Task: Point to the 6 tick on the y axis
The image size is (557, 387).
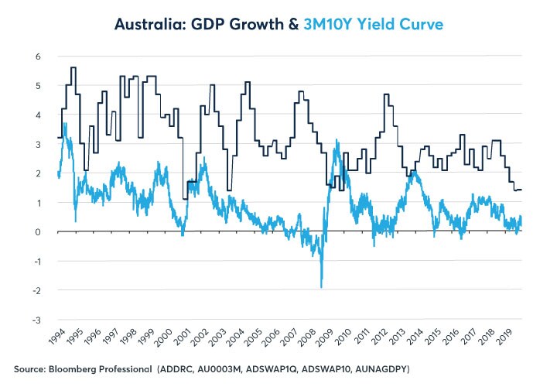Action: pyautogui.click(x=37, y=57)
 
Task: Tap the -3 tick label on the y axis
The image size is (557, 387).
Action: pyautogui.click(x=36, y=320)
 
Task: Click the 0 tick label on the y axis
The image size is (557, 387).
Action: pyautogui.click(x=37, y=232)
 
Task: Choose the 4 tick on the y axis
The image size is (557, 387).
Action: pyautogui.click(x=37, y=115)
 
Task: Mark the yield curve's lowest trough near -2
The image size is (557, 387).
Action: pyautogui.click(x=321, y=286)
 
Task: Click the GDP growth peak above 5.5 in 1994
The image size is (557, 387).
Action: pyautogui.click(x=73, y=68)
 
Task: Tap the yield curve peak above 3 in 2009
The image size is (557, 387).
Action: pyautogui.click(x=337, y=141)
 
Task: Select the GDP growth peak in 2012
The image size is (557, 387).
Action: pyautogui.click(x=385, y=94)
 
